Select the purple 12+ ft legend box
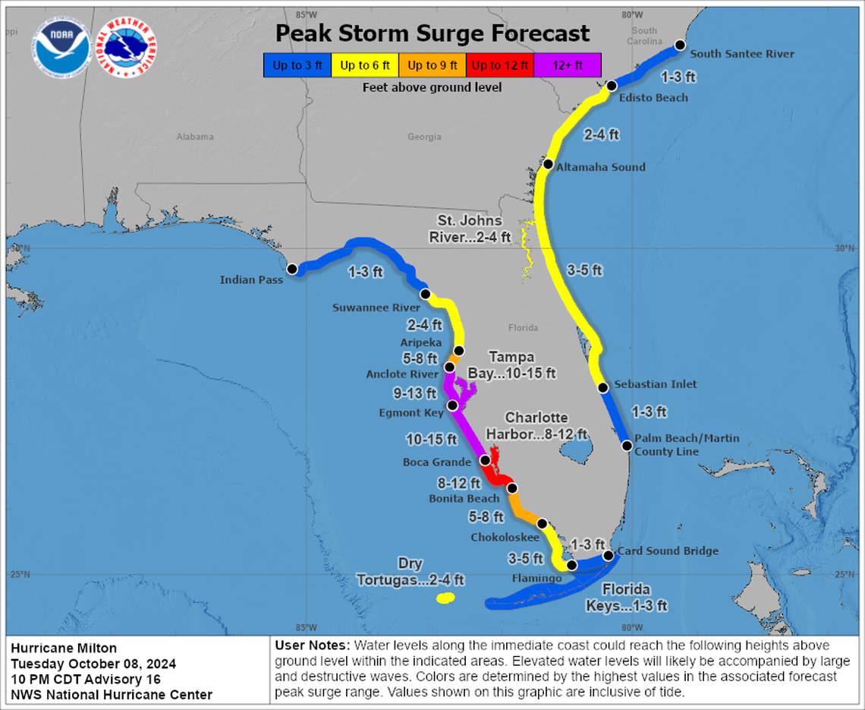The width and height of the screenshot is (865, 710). [x=568, y=65]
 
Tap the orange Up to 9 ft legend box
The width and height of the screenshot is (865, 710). [x=432, y=65]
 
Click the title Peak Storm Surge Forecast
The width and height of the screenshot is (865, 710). [x=432, y=33]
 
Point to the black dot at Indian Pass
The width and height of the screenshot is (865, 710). [x=292, y=269]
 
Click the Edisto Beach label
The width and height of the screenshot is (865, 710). [x=653, y=97]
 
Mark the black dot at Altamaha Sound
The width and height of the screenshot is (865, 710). [x=548, y=164]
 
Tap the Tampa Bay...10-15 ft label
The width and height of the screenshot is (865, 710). [x=522, y=365]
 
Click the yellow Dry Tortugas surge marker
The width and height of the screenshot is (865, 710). [x=445, y=598]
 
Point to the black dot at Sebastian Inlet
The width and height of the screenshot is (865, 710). [x=603, y=388]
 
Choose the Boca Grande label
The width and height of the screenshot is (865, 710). [x=436, y=462]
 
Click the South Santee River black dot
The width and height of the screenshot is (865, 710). [x=681, y=45]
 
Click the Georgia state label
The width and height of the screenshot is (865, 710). [x=424, y=137]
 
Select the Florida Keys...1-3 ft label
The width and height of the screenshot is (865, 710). [x=626, y=598]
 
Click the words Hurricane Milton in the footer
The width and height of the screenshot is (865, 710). [x=64, y=648]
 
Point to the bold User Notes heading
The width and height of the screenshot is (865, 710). [x=310, y=645]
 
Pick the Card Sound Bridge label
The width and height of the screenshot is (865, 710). [x=667, y=551]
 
